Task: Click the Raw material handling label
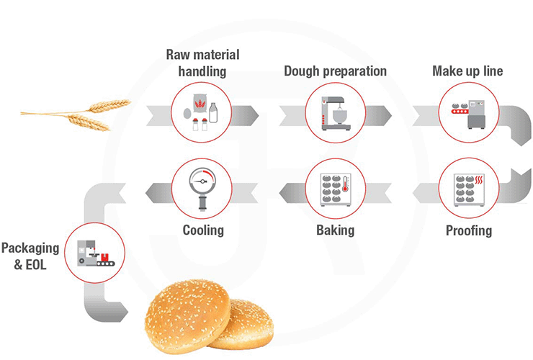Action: click(x=202, y=63)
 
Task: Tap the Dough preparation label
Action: click(x=335, y=71)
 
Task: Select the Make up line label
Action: click(x=467, y=71)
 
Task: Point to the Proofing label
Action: click(x=468, y=230)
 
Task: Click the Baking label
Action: click(x=335, y=230)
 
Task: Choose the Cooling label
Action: click(x=202, y=230)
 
